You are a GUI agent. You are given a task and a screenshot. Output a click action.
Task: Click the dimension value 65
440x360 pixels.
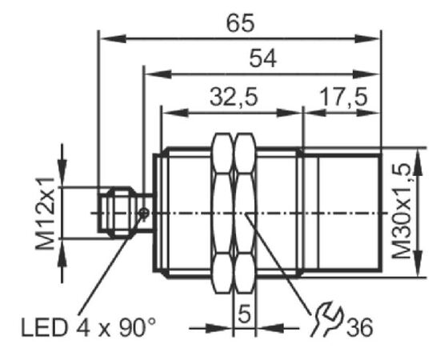tap(241, 23)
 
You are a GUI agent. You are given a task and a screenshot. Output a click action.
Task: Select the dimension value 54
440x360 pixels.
tap(263, 58)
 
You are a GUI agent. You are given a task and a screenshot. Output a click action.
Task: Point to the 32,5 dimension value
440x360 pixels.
tap(234, 97)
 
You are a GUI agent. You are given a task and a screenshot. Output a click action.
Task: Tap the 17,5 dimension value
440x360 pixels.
tap(343, 97)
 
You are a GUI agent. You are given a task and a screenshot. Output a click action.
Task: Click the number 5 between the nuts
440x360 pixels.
tap(244, 314)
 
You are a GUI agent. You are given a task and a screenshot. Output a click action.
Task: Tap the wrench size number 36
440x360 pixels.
tap(360, 327)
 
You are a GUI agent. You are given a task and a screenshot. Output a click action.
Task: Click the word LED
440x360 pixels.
tap(45, 327)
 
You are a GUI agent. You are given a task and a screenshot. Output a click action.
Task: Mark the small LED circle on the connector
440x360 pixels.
tap(144, 214)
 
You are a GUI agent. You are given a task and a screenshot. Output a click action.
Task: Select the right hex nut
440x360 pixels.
tap(245, 214)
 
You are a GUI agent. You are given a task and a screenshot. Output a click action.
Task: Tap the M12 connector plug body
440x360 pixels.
tap(117, 213)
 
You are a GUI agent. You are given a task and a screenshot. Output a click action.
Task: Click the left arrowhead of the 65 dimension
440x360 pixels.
tap(113, 38)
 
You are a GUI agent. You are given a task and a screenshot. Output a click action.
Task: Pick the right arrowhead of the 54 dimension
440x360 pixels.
tap(366, 74)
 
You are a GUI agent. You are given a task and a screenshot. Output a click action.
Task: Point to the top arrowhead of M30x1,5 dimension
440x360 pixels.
tap(418, 162)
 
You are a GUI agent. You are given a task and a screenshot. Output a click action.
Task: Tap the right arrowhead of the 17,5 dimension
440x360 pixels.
tap(368, 113)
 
